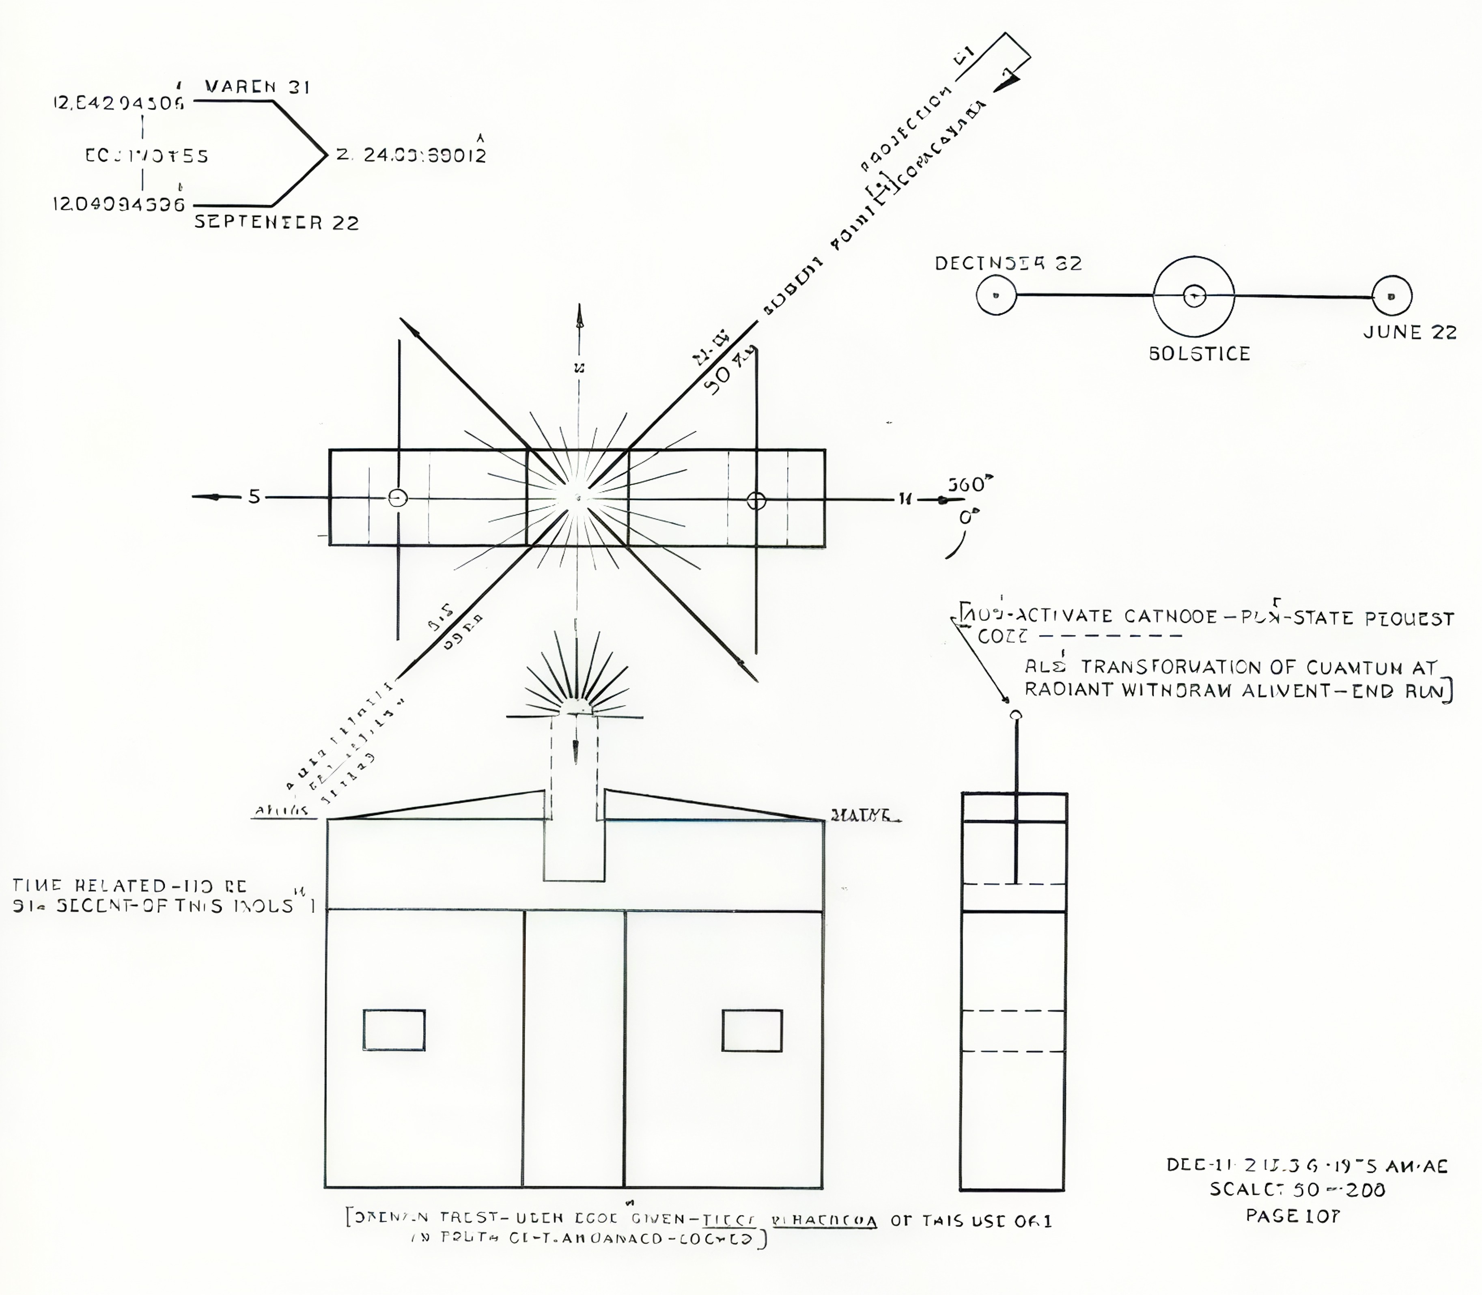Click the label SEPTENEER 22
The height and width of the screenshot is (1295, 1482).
pyautogui.click(x=276, y=223)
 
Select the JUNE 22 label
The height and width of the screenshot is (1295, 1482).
pyautogui.click(x=1410, y=332)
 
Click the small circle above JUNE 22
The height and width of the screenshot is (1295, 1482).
pyautogui.click(x=1392, y=296)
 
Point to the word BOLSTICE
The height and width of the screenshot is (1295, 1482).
pyautogui.click(x=1199, y=354)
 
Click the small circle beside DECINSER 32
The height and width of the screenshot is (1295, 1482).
pyautogui.click(x=996, y=296)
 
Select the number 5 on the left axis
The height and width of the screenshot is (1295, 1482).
pyautogui.click(x=254, y=497)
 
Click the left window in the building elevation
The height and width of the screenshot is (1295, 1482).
pyautogui.click(x=394, y=1030)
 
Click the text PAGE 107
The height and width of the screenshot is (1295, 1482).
pyautogui.click(x=1292, y=1216)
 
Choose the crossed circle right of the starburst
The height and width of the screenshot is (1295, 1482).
pyautogui.click(x=756, y=500)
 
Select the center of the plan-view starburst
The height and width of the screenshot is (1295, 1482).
pyautogui.click(x=577, y=497)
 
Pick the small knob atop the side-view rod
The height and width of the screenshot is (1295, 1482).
pyautogui.click(x=1016, y=715)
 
